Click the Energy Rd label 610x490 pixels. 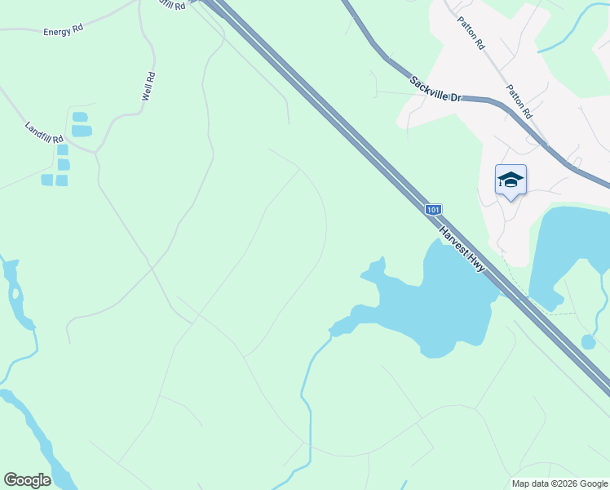[x=64, y=32]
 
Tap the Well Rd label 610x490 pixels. [x=148, y=87]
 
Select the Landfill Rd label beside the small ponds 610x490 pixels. [x=44, y=132]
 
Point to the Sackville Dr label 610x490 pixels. [x=436, y=89]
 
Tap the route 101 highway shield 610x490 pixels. [x=433, y=210]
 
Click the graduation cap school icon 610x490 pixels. [x=511, y=180]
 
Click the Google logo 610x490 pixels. [x=27, y=480]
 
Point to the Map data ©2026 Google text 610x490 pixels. [x=559, y=483]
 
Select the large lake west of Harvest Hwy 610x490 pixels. [x=432, y=306]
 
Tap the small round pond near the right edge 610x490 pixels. [x=588, y=341]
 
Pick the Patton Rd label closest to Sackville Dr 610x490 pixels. [x=519, y=101]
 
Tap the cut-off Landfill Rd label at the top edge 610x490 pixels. [x=174, y=4]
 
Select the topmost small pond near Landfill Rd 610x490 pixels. [x=80, y=117]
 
